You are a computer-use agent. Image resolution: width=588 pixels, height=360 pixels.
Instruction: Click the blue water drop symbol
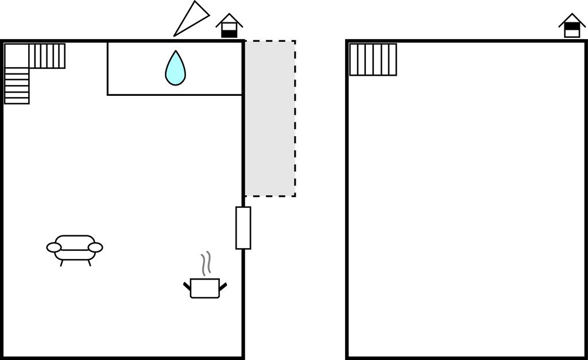click(x=175, y=69)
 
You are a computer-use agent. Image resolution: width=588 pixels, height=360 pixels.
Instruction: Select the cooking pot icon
click(x=204, y=288)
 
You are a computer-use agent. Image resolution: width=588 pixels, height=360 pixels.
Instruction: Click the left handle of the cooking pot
click(x=187, y=285)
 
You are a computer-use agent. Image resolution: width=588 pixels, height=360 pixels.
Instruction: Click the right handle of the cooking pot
click(x=223, y=285)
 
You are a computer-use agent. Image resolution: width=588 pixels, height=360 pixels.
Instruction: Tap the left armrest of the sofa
click(x=54, y=247)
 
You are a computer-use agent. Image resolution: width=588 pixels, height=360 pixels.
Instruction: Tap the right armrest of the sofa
click(x=95, y=247)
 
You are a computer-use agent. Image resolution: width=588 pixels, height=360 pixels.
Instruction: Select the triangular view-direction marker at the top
click(x=192, y=18)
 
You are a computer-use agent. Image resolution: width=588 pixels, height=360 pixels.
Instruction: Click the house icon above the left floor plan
click(x=229, y=26)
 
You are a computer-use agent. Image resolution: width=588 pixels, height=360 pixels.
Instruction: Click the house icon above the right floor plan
click(x=572, y=26)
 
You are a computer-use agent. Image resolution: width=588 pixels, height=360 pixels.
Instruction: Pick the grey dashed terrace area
click(x=270, y=118)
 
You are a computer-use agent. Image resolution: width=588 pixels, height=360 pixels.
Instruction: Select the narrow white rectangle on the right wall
click(x=243, y=228)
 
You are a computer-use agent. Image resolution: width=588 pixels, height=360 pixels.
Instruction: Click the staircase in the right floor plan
click(x=373, y=59)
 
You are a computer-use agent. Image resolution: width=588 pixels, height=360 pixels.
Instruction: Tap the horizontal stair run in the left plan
click(x=47, y=56)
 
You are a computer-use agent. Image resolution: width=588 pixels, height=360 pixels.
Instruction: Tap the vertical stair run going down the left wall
click(x=17, y=86)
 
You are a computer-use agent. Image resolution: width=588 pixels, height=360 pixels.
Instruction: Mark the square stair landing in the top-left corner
click(x=17, y=56)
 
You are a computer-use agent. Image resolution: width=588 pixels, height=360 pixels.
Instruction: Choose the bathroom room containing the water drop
click(x=138, y=68)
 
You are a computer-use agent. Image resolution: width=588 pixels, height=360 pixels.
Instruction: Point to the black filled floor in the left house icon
click(x=229, y=34)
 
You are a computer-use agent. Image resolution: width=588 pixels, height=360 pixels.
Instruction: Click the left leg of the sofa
click(x=62, y=263)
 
